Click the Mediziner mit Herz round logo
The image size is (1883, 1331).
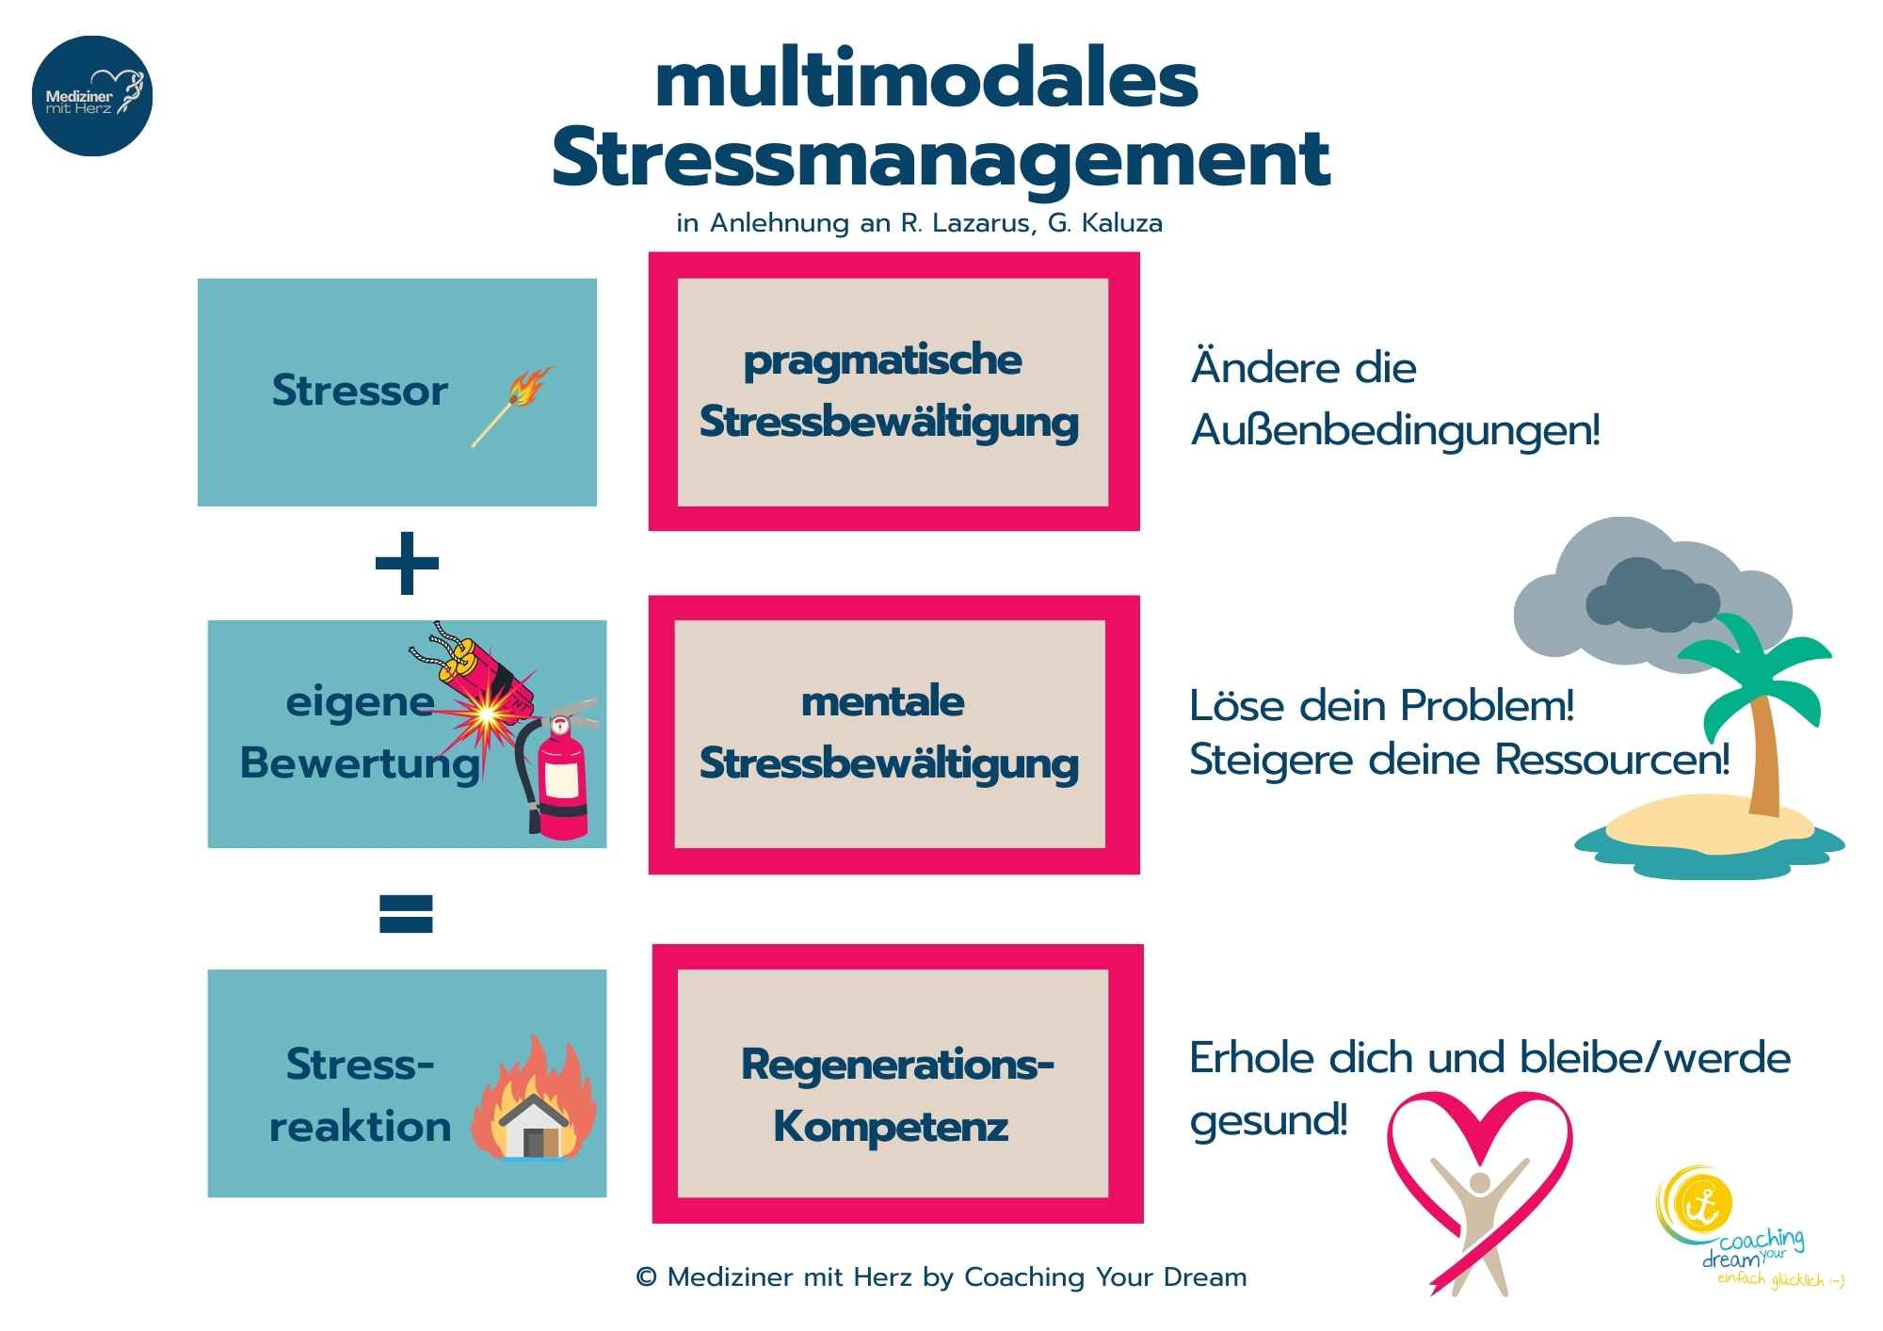point(92,95)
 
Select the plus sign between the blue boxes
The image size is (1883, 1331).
point(407,563)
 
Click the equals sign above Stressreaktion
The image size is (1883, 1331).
point(406,913)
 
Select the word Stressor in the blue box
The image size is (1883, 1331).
point(360,391)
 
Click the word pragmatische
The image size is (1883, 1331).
point(882,361)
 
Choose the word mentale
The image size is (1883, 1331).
point(882,702)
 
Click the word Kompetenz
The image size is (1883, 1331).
point(891,1127)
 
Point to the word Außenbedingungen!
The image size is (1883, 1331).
point(1395,431)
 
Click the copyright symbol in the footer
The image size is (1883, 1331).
point(646,1277)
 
